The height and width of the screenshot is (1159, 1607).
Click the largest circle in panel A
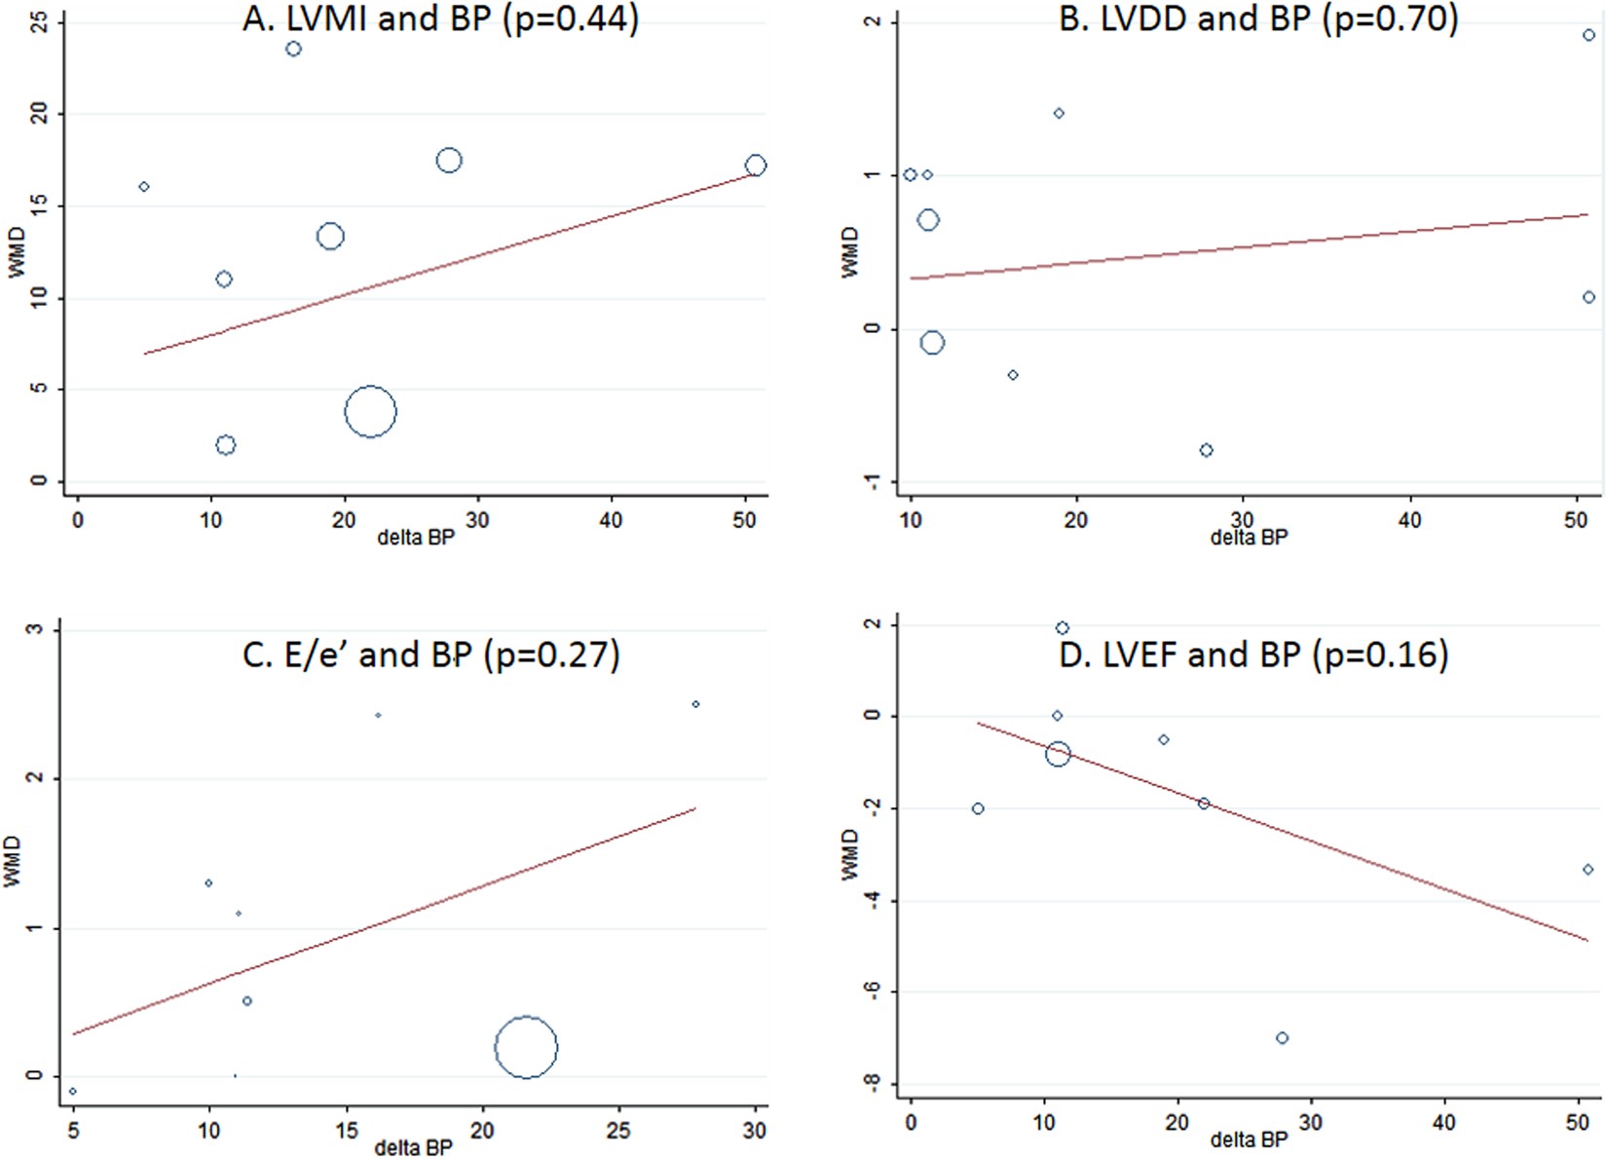pyautogui.click(x=370, y=412)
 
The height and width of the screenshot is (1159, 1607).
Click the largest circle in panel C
pyautogui.click(x=526, y=1047)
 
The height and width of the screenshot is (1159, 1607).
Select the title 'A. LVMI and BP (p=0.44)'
pyautogui.click(x=440, y=19)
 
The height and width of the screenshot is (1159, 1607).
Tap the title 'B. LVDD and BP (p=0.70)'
pyautogui.click(x=1258, y=19)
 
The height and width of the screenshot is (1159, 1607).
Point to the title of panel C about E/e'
pyautogui.click(x=430, y=654)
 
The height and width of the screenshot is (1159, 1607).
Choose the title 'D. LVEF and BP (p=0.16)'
pyautogui.click(x=1253, y=654)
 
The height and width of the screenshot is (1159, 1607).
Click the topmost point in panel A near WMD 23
pyautogui.click(x=293, y=49)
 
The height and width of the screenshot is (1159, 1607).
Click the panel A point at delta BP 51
pyautogui.click(x=756, y=166)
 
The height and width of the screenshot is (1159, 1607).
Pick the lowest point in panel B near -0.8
pyautogui.click(x=1207, y=450)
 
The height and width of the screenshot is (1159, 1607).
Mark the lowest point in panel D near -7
pyautogui.click(x=1283, y=1038)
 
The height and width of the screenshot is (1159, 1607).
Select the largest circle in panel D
pyautogui.click(x=1058, y=754)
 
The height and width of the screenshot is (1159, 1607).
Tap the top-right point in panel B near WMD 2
pyautogui.click(x=1588, y=35)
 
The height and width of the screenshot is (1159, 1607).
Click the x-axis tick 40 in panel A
pyautogui.click(x=611, y=520)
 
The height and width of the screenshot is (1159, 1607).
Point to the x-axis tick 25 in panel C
pyautogui.click(x=618, y=1131)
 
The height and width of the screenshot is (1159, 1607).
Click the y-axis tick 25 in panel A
pyautogui.click(x=40, y=21)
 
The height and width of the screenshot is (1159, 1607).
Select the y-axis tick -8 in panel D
pyautogui.click(x=874, y=1083)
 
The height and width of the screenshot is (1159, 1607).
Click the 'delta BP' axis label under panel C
pyautogui.click(x=413, y=1147)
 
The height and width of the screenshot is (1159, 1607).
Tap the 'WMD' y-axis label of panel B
pyautogui.click(x=850, y=252)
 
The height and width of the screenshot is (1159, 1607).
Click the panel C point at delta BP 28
pyautogui.click(x=695, y=704)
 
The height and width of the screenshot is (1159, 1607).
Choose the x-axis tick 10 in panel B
pyautogui.click(x=911, y=520)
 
